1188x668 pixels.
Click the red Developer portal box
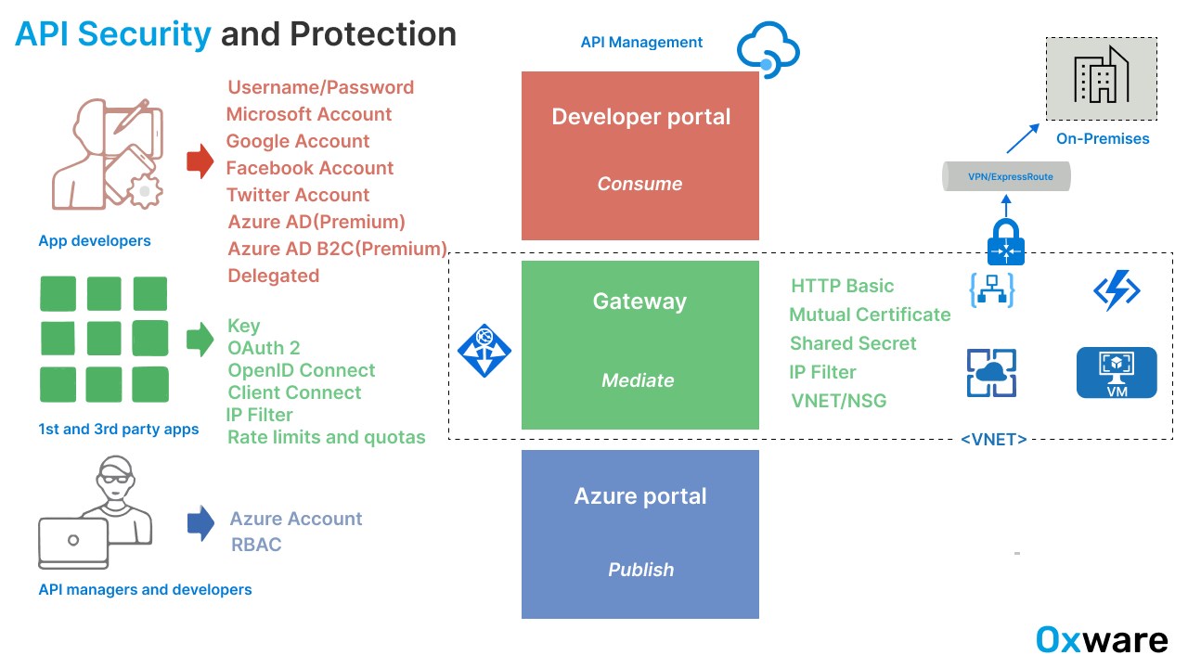(x=640, y=156)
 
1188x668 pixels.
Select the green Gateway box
(x=640, y=344)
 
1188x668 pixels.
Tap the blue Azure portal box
(x=640, y=533)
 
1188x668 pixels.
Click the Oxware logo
(x=1102, y=640)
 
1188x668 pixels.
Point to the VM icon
(x=1117, y=373)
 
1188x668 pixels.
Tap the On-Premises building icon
(x=1102, y=79)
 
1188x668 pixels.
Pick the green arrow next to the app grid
(x=200, y=340)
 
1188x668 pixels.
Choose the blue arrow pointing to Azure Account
(x=200, y=523)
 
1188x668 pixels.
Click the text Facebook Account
(x=310, y=168)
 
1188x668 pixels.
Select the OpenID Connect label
(x=302, y=370)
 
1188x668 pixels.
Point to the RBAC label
(x=256, y=545)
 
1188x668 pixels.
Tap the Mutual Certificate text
(x=870, y=315)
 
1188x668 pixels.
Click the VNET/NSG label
(x=839, y=401)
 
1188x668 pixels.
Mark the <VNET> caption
(x=994, y=440)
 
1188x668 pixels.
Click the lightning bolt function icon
(x=1117, y=291)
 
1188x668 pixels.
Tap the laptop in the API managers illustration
(x=73, y=542)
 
